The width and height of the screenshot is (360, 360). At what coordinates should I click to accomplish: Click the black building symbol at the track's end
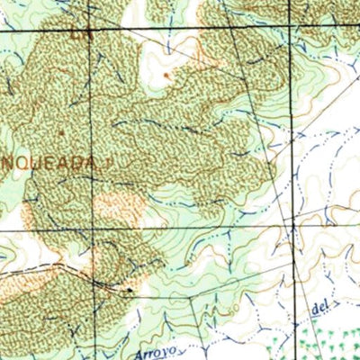(x=130, y=290)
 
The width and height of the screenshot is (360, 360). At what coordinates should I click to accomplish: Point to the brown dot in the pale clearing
(x=166, y=76)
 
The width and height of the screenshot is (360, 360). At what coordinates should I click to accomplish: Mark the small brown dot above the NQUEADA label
(x=60, y=132)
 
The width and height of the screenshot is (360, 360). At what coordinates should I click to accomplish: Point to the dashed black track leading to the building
(x=90, y=274)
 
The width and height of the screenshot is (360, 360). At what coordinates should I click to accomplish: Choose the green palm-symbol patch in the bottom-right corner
(x=334, y=341)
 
